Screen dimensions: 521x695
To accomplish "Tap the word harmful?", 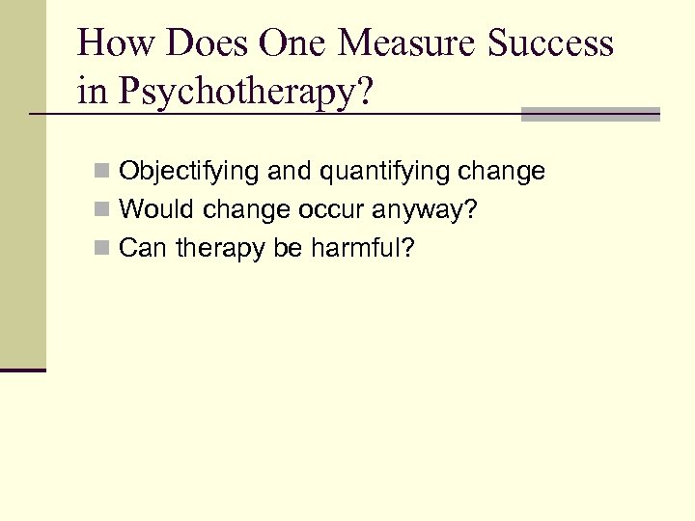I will point(362,249).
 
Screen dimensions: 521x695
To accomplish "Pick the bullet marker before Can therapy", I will point(101,250).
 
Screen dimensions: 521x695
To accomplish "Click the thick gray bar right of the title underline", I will point(590,114).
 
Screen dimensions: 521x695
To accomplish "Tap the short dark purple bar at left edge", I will point(23,370).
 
